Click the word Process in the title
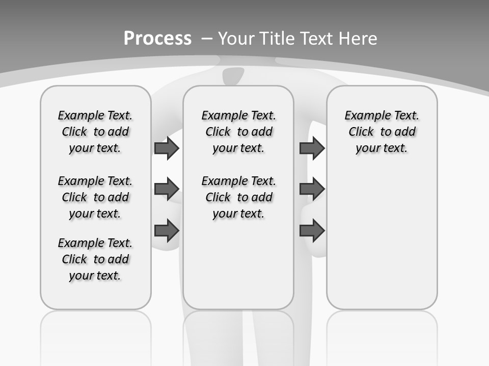tap(157, 39)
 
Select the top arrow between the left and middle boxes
tap(166, 148)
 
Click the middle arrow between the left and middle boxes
tap(166, 189)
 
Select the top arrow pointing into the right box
tap(312, 148)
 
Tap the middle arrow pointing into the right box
tap(312, 189)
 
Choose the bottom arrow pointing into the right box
tap(312, 231)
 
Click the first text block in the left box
tap(95, 132)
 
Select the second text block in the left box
tap(95, 197)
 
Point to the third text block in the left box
tap(95, 259)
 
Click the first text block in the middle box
tap(238, 132)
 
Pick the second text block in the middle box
tap(238, 197)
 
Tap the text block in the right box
tap(382, 132)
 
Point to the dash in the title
tap(207, 39)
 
